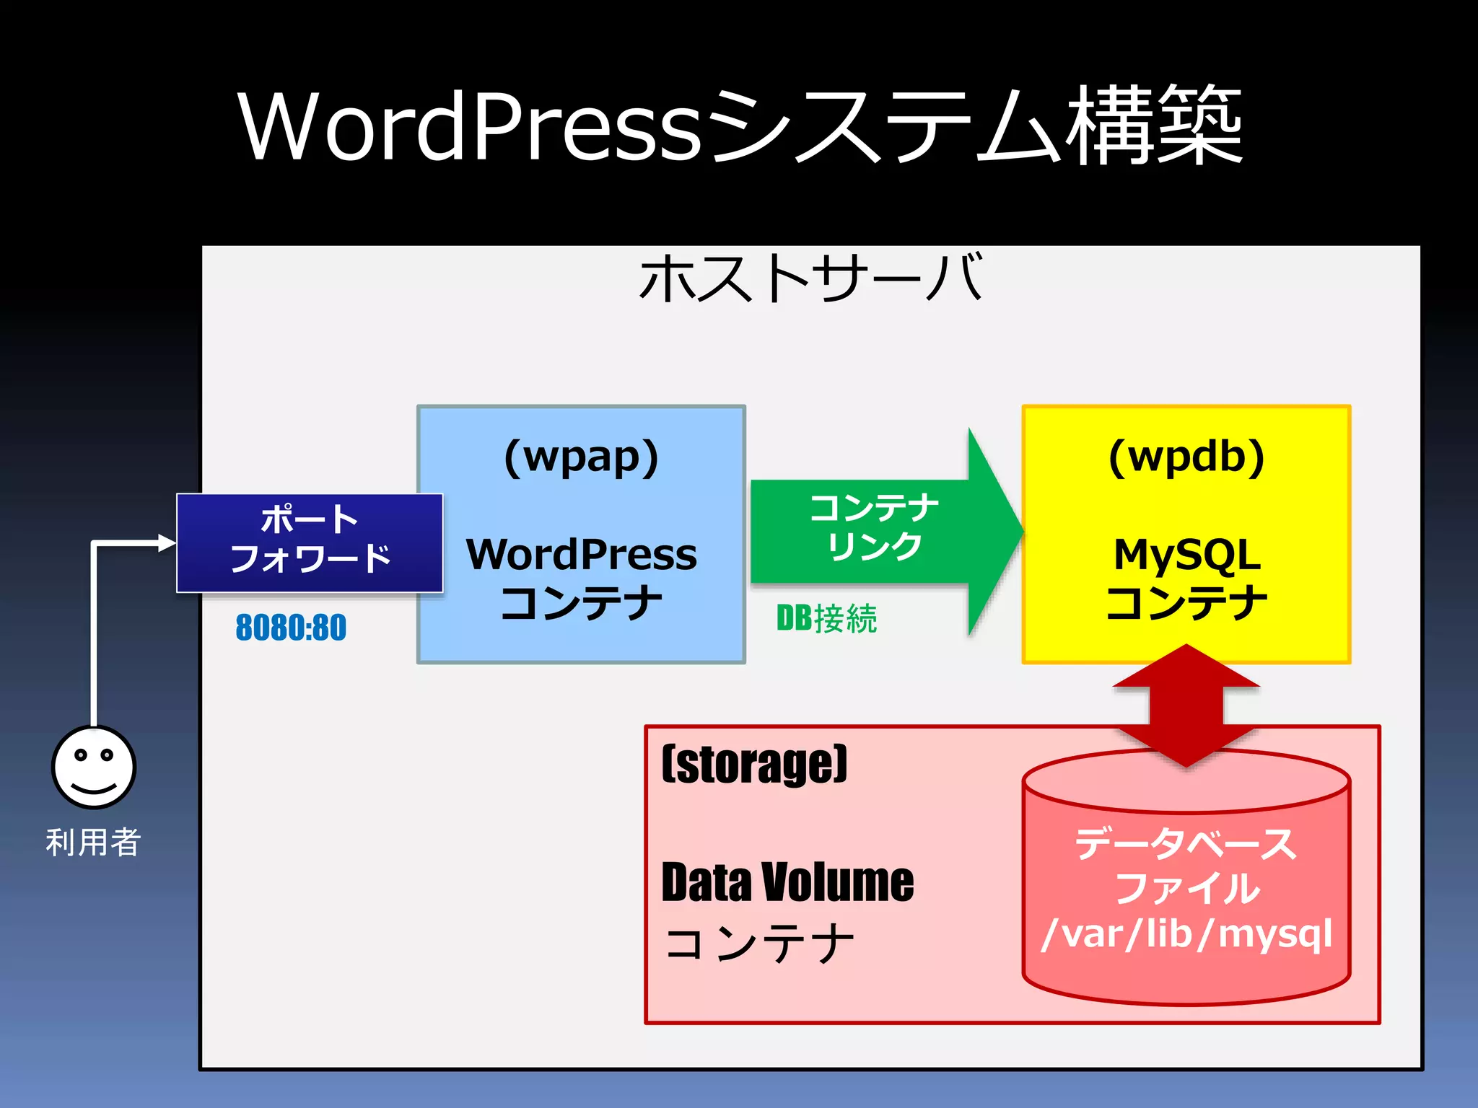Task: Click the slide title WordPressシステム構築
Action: pyautogui.click(x=740, y=126)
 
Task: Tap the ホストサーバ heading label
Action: pyautogui.click(x=810, y=278)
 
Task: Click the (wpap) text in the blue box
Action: pyautogui.click(x=581, y=457)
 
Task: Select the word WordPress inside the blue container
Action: pyautogui.click(x=581, y=555)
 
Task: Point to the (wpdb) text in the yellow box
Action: pyautogui.click(x=1186, y=457)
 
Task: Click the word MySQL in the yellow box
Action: pyautogui.click(x=1186, y=555)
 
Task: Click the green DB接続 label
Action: pyautogui.click(x=826, y=619)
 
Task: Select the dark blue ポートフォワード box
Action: pyautogui.click(x=310, y=542)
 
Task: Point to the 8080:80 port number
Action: pyautogui.click(x=291, y=627)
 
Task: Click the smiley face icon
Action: pyautogui.click(x=94, y=767)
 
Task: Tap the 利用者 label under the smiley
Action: pyautogui.click(x=93, y=842)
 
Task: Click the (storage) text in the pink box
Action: pyautogui.click(x=754, y=765)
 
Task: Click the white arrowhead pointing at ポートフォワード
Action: pyautogui.click(x=167, y=542)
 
